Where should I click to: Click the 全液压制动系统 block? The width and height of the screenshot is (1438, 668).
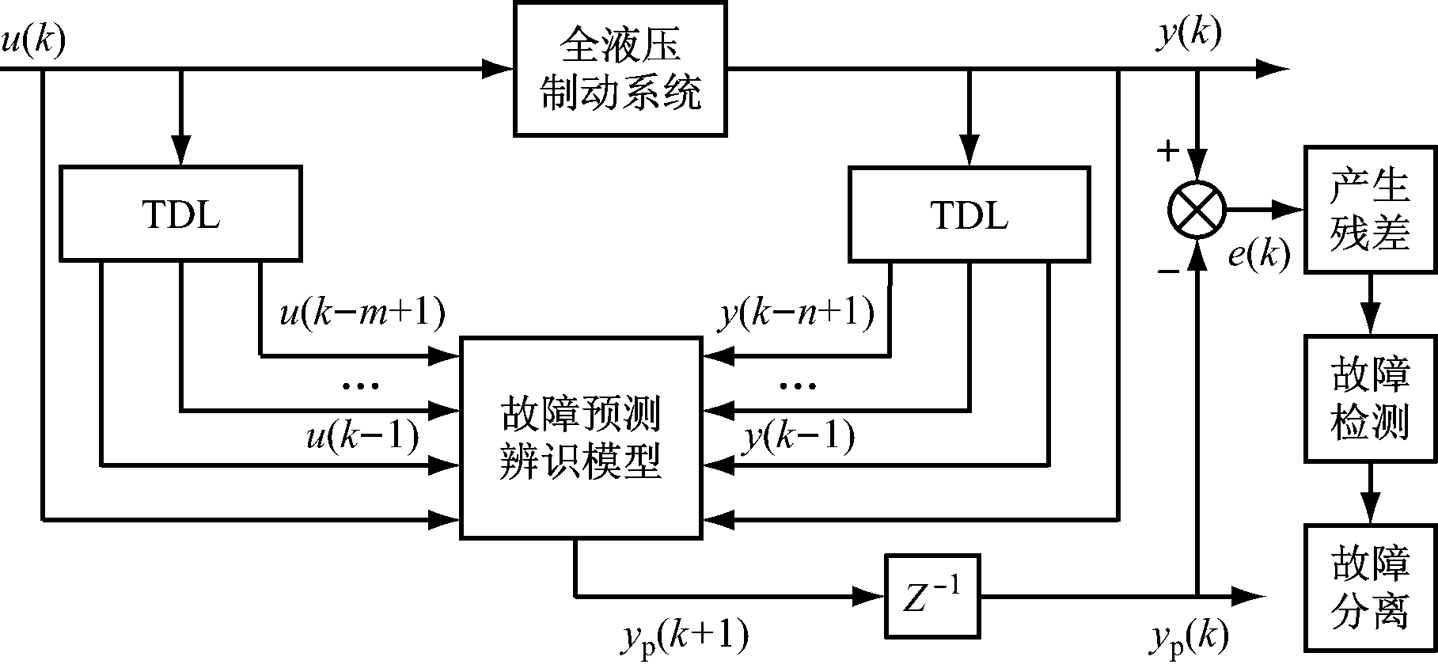620,69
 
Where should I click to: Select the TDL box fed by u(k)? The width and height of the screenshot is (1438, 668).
180,213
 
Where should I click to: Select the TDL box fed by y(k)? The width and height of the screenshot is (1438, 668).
969,213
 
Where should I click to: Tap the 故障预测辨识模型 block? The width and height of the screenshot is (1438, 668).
581,438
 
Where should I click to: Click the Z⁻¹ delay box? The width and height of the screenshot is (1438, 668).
932,595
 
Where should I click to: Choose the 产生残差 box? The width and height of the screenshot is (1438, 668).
1370,210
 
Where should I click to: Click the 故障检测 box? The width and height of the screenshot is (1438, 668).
1370,398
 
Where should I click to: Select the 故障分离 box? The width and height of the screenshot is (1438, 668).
1370,587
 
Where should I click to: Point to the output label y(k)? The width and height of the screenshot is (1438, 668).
1189,35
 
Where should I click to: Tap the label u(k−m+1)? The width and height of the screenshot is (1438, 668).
362,314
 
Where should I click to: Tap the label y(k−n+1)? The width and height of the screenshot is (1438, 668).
796,314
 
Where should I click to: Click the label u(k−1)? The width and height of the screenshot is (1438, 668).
362,437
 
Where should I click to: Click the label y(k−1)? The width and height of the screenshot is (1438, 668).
798,437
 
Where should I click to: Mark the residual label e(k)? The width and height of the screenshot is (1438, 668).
1258,255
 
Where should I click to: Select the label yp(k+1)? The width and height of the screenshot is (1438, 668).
683,636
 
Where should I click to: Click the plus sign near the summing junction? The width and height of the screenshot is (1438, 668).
1167,151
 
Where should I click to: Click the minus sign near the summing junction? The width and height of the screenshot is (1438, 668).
1168,271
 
